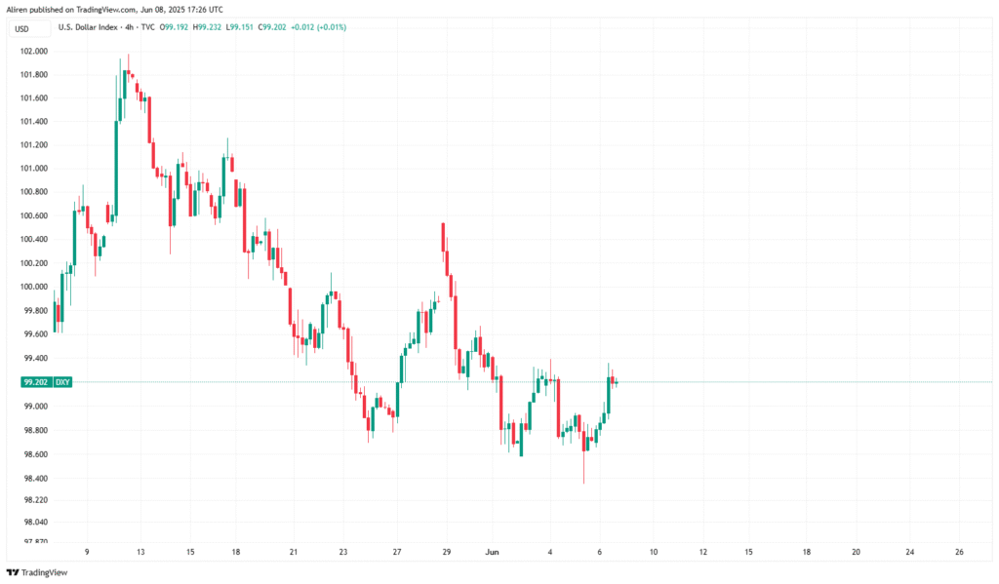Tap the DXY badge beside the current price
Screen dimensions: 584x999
[62, 383]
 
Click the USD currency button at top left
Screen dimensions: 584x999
[23, 28]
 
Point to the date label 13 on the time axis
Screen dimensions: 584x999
[141, 552]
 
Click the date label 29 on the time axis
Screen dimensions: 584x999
[448, 552]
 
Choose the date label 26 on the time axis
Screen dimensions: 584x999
[960, 552]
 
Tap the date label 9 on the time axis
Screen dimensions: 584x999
[87, 552]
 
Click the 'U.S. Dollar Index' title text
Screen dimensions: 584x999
[93, 26]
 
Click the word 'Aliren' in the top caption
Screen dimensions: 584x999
[19, 8]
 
